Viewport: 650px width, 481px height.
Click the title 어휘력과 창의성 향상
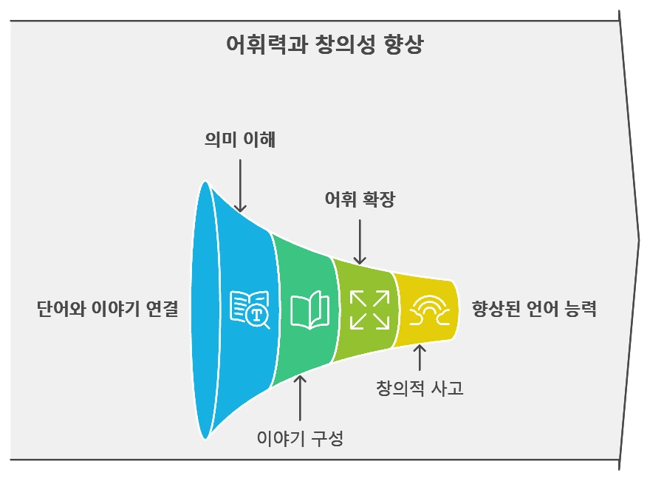point(325,45)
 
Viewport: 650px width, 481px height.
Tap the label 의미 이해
point(240,140)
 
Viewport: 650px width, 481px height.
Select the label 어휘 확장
point(360,199)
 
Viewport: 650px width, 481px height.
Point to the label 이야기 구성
point(300,437)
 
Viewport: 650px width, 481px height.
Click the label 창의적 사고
point(420,388)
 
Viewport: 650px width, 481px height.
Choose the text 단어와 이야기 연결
point(108,309)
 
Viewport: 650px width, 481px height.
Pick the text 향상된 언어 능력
point(533,309)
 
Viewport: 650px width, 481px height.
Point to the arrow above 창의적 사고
point(420,357)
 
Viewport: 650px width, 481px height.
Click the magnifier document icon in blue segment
point(250,310)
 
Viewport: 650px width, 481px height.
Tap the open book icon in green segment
point(309,310)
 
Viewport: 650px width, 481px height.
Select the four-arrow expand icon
point(369,309)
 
